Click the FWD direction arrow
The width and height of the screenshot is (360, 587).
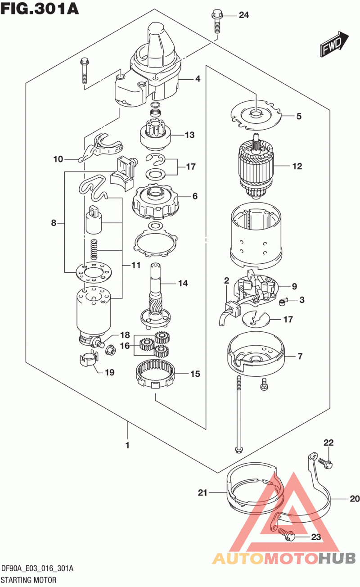(x=334, y=44)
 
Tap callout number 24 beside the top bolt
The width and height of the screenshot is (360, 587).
(x=243, y=15)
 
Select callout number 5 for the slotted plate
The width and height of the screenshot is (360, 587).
(x=299, y=116)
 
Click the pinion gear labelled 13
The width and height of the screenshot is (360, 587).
(x=155, y=135)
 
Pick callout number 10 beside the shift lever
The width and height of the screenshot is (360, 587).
(x=58, y=159)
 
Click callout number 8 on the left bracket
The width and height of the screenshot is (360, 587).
(x=54, y=223)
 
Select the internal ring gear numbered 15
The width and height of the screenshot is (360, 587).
(x=155, y=373)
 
